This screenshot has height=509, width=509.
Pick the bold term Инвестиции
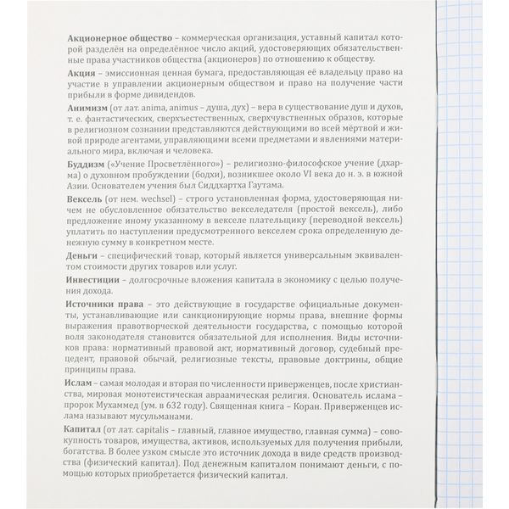[x=96, y=278]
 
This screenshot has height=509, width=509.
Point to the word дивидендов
[x=198, y=98]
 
